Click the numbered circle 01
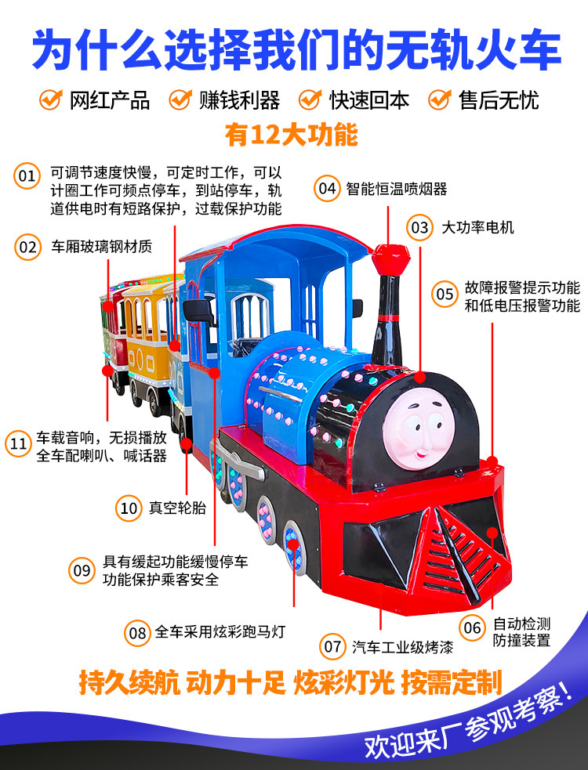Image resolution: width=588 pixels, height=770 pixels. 27,175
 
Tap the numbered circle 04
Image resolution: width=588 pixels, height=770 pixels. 327,188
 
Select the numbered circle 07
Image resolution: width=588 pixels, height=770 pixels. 332,645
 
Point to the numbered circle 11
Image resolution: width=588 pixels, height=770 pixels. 18,443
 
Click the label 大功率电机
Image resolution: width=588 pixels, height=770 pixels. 478,227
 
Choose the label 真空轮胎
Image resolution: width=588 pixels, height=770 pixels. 177,508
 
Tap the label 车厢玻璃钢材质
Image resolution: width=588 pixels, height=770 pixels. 102,246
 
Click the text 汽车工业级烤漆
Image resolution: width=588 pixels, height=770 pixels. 402,647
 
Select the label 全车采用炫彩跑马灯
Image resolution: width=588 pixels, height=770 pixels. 220,631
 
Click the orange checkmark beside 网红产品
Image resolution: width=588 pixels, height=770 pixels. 51,99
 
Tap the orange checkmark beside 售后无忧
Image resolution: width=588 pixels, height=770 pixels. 440,99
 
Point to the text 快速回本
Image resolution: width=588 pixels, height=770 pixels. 369,100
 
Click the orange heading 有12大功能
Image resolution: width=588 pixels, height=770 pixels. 292,134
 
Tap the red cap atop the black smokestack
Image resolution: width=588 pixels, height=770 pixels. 391,259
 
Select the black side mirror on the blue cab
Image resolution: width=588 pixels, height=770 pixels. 198,311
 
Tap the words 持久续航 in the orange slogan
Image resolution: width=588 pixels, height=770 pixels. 129,682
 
